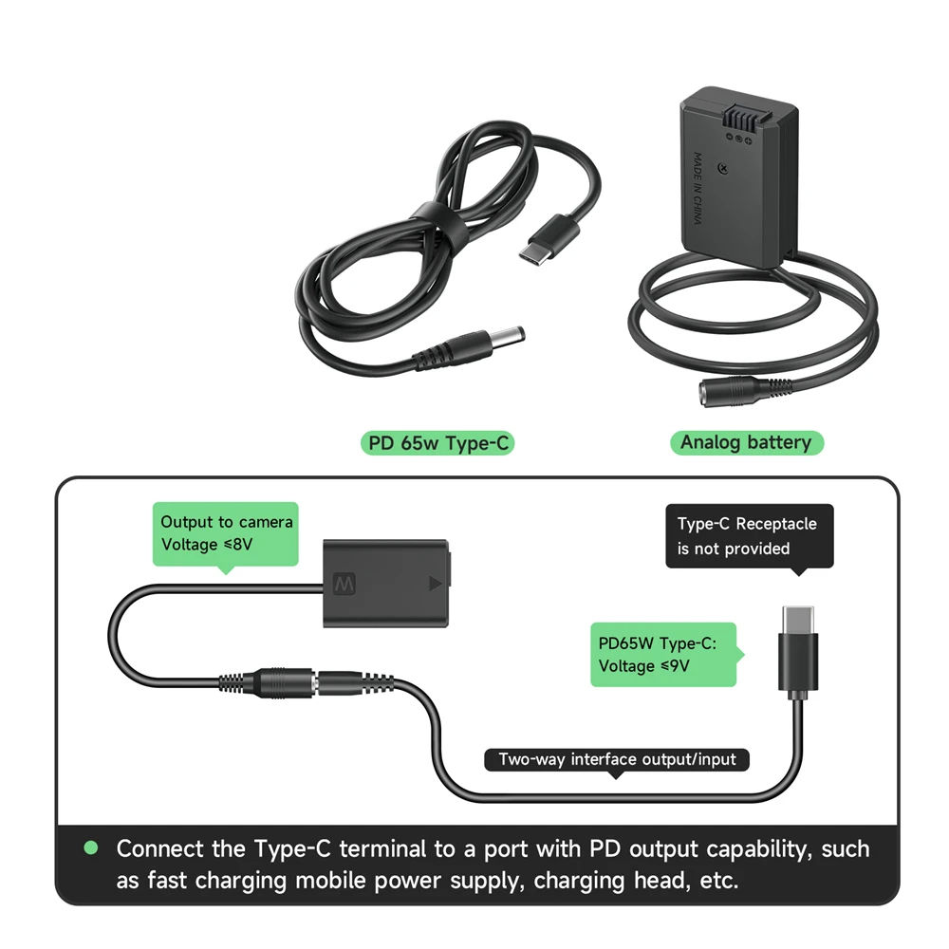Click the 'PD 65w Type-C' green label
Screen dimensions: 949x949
coord(437,442)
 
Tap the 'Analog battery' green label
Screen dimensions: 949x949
coord(746,442)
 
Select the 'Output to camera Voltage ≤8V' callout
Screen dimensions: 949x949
coord(226,533)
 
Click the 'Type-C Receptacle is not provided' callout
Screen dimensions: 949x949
coord(749,536)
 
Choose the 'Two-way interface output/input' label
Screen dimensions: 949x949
coord(617,759)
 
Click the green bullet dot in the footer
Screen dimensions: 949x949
coord(91,847)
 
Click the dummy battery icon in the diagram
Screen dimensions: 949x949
coord(390,583)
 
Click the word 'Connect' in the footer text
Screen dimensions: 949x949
coord(166,848)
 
